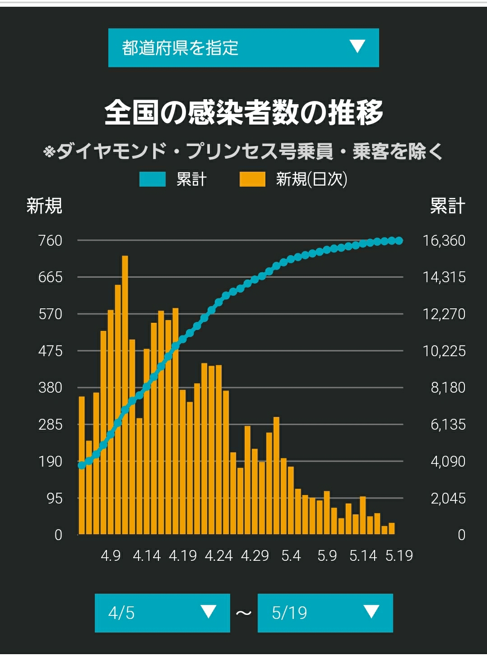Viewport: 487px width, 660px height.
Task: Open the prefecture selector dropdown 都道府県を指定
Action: click(243, 48)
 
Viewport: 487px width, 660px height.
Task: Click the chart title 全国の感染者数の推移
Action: click(244, 113)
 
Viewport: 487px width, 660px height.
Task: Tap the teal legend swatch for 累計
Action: click(152, 179)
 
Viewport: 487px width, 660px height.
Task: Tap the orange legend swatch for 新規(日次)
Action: click(252, 179)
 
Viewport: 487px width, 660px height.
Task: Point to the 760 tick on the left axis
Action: click(50, 241)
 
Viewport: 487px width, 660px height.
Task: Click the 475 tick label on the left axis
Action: click(50, 351)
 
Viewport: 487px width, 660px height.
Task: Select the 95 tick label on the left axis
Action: click(55, 499)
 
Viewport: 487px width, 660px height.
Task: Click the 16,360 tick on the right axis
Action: click(444, 241)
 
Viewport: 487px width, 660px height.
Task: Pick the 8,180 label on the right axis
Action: click(448, 387)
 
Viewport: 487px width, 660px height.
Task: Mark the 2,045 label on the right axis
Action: click(448, 499)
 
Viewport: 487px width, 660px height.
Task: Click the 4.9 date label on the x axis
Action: click(111, 556)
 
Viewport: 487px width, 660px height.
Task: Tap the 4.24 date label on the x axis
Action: click(218, 556)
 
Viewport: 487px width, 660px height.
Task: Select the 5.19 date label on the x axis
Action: click(399, 556)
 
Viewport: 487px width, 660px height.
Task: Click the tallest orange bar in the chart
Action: click(125, 395)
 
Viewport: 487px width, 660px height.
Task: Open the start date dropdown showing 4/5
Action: click(162, 613)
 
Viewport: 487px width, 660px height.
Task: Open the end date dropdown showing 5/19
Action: click(325, 613)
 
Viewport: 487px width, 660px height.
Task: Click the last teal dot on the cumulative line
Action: click(399, 241)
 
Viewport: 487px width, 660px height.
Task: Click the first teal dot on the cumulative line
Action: click(82, 466)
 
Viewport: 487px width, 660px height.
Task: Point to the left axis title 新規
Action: click(44, 206)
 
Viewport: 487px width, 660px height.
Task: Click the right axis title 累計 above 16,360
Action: click(448, 206)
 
